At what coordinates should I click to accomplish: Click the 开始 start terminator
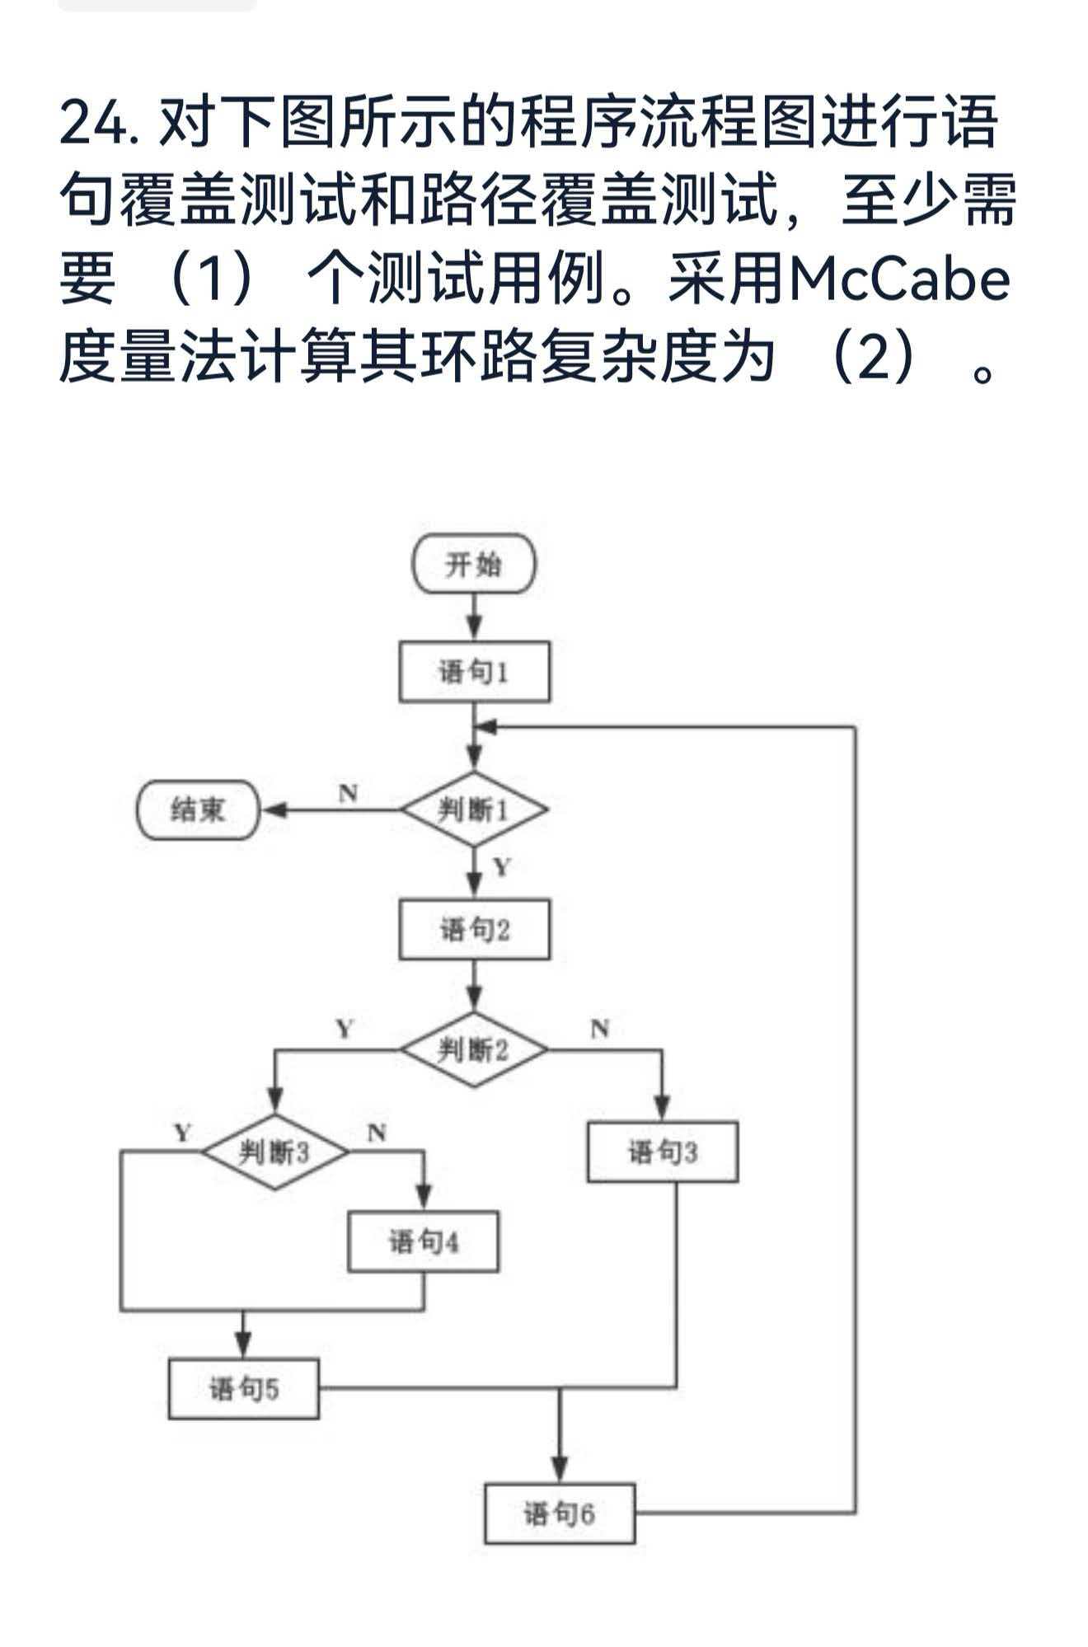473,565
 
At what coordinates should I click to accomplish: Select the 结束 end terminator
198,810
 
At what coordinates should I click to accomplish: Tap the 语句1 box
474,672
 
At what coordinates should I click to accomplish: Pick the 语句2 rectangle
474,929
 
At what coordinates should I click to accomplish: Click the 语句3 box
662,1152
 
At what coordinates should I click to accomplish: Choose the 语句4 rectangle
423,1241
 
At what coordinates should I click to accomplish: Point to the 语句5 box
243,1388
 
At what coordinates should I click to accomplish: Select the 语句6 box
559,1513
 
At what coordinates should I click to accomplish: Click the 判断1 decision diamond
473,809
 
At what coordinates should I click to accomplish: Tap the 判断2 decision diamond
473,1049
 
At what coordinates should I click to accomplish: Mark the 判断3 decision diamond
275,1152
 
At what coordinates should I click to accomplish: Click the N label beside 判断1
348,793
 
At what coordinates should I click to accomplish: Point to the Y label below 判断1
502,866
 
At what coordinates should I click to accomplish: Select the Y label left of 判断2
345,1029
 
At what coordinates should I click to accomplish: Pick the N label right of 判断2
600,1029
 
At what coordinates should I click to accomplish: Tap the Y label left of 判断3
182,1133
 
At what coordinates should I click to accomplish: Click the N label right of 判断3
376,1133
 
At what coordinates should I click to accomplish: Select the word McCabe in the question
898,279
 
